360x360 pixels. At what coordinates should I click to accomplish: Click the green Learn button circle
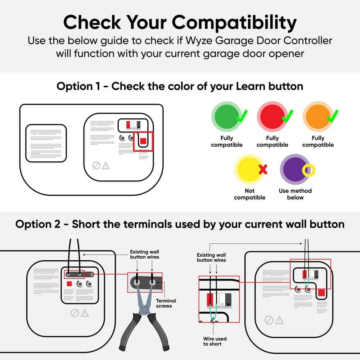(226, 117)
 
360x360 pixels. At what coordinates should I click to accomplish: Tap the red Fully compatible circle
(272, 117)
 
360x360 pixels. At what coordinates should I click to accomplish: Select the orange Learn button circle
(318, 117)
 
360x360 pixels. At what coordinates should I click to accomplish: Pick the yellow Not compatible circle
(249, 170)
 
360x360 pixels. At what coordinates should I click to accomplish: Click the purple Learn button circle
(295, 170)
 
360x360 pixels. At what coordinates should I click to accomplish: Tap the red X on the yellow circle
(263, 170)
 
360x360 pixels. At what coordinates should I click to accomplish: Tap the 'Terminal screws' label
(166, 303)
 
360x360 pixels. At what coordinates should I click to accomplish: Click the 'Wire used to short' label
(215, 341)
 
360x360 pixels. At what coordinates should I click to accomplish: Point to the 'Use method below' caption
(295, 194)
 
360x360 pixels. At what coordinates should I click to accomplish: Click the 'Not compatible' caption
(249, 194)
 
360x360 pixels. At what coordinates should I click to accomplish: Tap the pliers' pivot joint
(144, 310)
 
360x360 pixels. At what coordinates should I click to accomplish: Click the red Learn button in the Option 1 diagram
(143, 141)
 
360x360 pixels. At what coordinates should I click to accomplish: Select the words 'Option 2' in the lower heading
(38, 224)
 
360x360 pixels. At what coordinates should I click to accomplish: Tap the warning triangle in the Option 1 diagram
(105, 166)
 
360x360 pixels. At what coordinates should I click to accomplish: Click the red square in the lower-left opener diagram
(69, 284)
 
